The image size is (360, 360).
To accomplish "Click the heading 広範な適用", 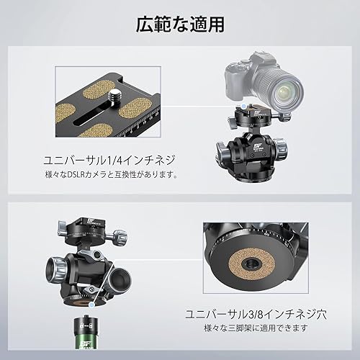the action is [x=180, y=24].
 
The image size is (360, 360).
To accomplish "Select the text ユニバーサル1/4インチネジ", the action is [x=109, y=161].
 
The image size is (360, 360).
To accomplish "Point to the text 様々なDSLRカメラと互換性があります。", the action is [x=112, y=175].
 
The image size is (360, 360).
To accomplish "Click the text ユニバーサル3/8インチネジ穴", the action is [x=256, y=314].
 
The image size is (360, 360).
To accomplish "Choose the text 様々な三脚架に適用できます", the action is [x=256, y=328].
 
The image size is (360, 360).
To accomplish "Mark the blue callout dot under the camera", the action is [x=244, y=106].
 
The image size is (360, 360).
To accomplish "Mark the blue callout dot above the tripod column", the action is [x=91, y=305].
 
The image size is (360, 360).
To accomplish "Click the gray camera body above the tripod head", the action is [x=240, y=79].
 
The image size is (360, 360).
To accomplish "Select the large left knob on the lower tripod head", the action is [x=56, y=269].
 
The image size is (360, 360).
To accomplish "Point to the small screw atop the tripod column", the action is [x=86, y=315].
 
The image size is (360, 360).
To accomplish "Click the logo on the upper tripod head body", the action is [x=256, y=146].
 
